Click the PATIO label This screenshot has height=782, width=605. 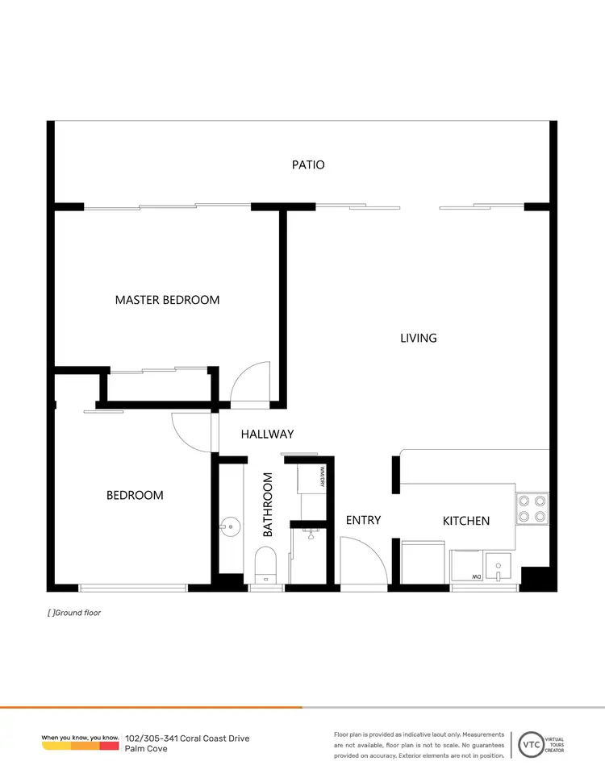point(308,164)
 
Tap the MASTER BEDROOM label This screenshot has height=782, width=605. point(167,300)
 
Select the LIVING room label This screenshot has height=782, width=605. point(418,338)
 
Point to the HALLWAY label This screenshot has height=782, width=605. point(267,434)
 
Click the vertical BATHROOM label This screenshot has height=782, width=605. point(269,505)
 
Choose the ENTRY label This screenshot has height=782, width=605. point(363,520)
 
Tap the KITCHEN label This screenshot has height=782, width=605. point(466,521)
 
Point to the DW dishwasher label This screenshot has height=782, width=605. point(478,576)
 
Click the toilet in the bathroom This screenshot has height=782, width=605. point(265,562)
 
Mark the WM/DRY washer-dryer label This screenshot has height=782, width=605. point(322,477)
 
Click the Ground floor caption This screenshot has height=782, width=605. point(74,613)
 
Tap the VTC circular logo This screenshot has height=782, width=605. point(530,743)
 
